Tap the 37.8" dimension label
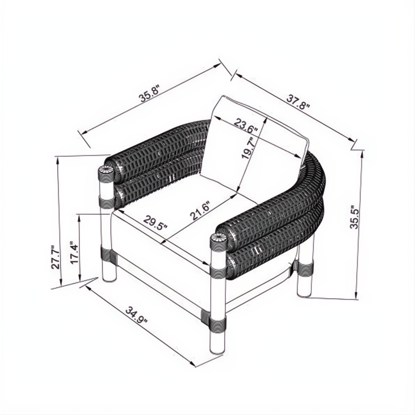point(298,103)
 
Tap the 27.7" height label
point(55,257)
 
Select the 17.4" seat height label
point(75,252)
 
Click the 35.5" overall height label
point(354,217)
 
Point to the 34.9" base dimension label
point(136,316)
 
